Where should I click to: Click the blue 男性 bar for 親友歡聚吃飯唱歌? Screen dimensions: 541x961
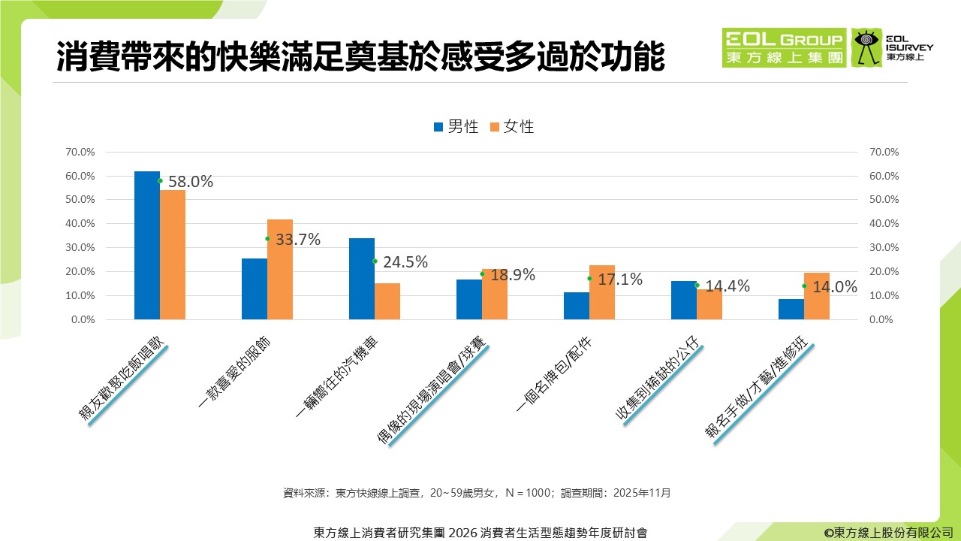[147, 245]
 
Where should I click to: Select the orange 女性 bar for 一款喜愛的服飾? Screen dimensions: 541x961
[280, 269]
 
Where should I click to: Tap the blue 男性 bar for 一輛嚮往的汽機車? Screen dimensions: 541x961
[362, 279]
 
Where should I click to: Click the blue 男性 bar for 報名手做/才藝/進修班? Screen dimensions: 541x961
[791, 309]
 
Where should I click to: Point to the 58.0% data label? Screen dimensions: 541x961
[191, 181]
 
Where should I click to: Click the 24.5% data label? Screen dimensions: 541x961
[405, 262]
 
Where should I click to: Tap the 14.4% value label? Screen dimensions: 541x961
[728, 286]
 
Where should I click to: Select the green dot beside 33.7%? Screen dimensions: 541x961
[267, 239]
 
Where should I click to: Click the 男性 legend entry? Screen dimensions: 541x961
[456, 127]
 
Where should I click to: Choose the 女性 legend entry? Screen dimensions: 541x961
[511, 127]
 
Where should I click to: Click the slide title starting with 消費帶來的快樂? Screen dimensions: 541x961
[360, 58]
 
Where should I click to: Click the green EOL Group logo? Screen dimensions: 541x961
[784, 47]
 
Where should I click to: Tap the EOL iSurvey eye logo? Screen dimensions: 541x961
[867, 47]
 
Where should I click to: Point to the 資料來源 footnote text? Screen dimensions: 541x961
[477, 494]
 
